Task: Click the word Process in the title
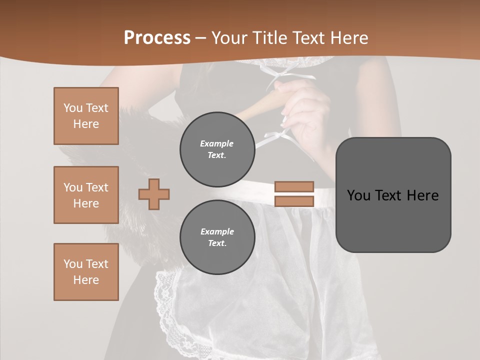(x=157, y=38)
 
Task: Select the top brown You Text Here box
(x=86, y=116)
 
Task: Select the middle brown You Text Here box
(x=86, y=195)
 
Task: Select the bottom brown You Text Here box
(x=86, y=272)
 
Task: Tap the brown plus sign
(x=154, y=193)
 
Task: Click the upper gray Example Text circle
(x=217, y=149)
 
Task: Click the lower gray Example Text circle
(x=217, y=237)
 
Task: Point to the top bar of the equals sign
(x=294, y=186)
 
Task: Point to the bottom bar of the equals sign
(x=294, y=201)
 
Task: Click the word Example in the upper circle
(x=217, y=143)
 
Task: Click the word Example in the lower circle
(x=217, y=231)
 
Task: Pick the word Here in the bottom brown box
(x=86, y=280)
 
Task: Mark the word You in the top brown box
(x=72, y=108)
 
